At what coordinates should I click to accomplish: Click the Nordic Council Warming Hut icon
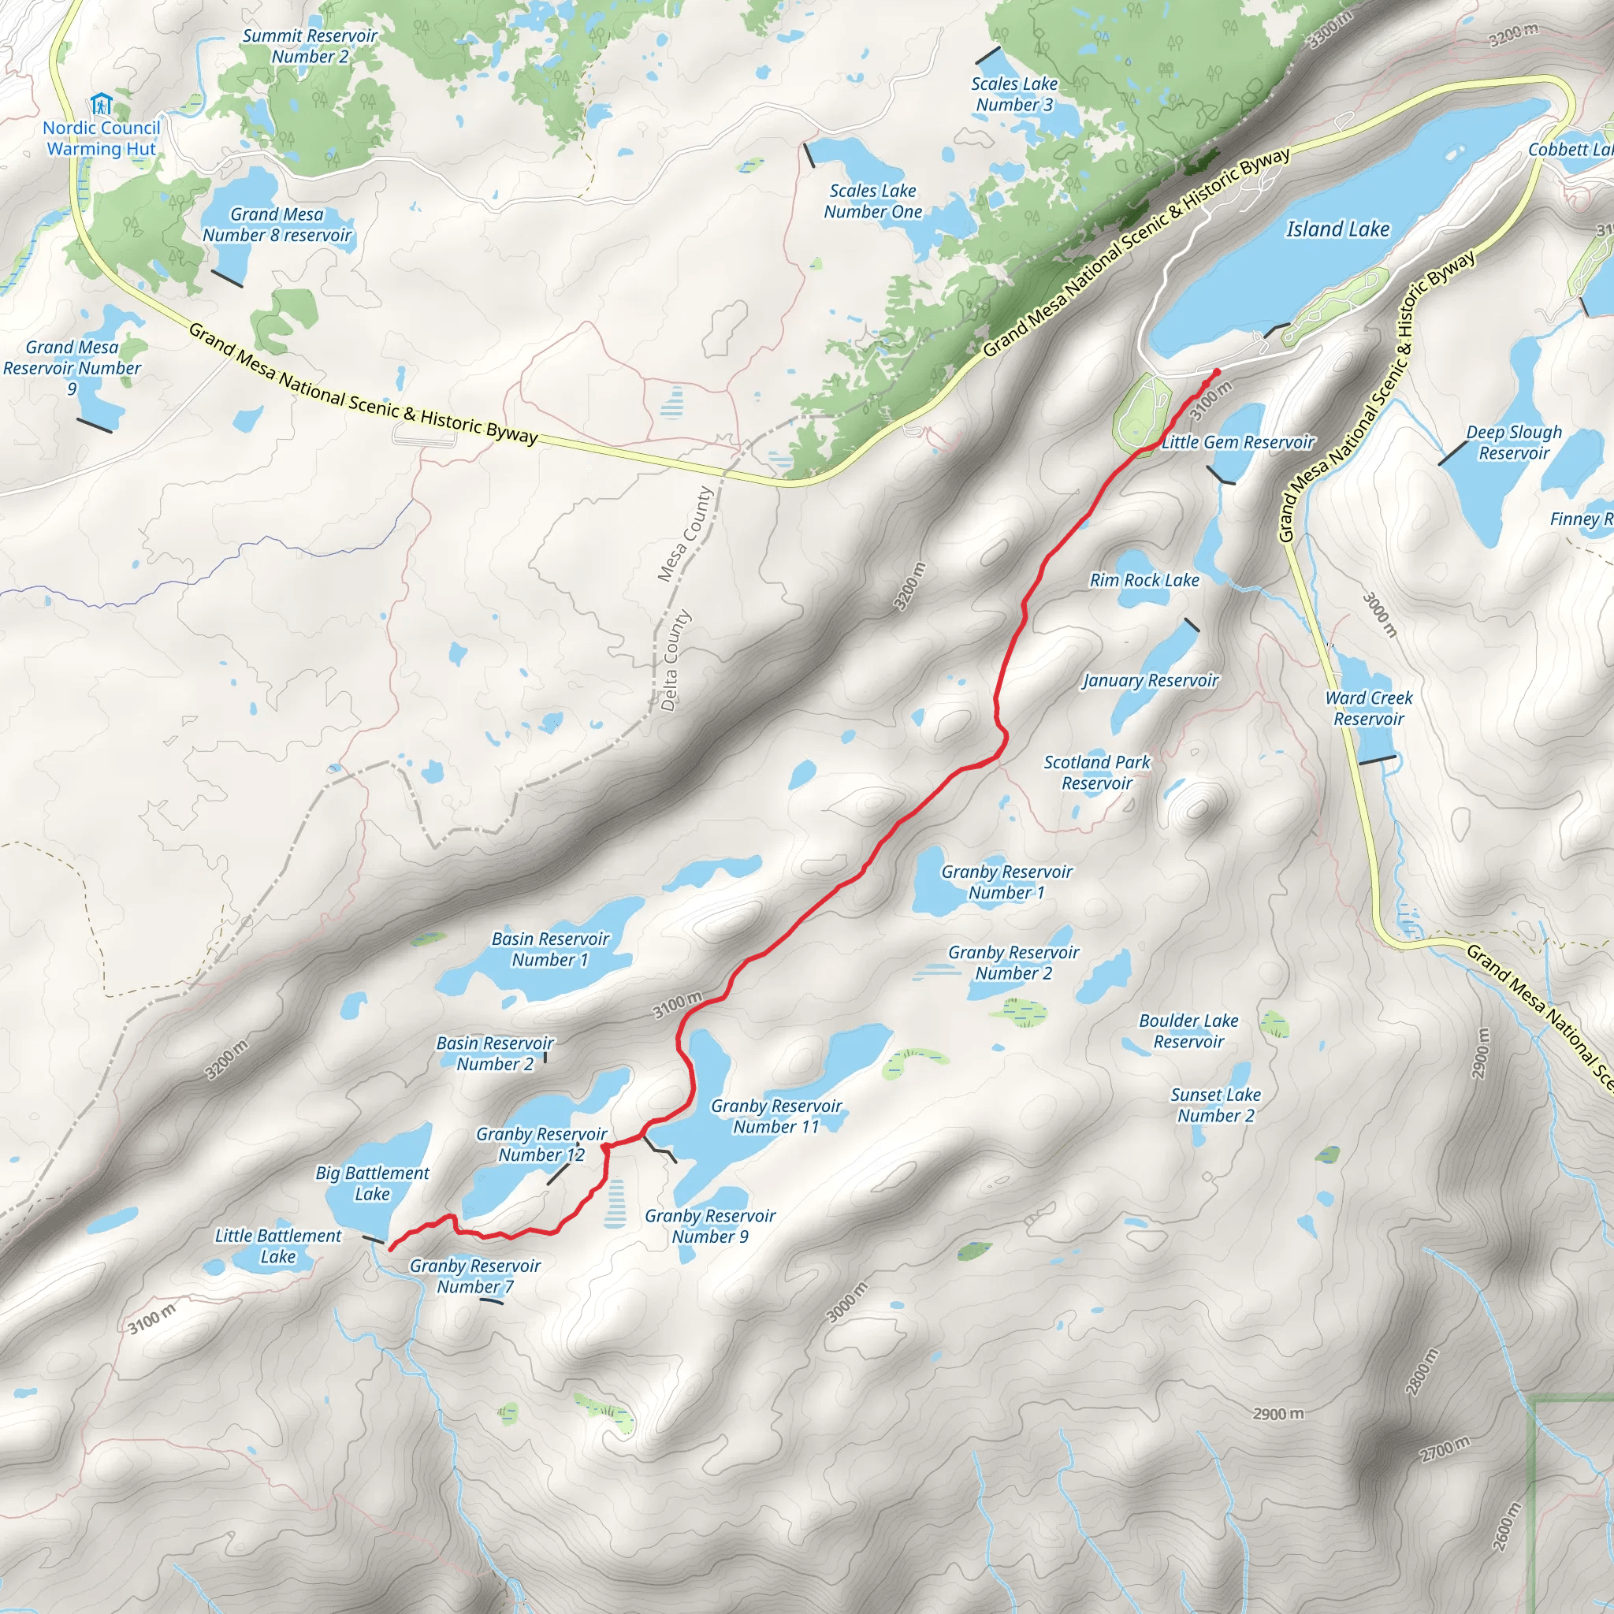click(101, 106)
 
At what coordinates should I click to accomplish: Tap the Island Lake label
click(1337, 229)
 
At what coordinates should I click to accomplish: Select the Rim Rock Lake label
click(1144, 580)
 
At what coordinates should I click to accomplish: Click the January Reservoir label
click(1151, 680)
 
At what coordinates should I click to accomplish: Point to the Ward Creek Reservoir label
click(1368, 708)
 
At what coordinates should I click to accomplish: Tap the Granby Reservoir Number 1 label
click(1006, 881)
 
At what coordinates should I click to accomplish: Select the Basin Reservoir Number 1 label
click(550, 949)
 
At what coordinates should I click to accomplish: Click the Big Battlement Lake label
click(372, 1183)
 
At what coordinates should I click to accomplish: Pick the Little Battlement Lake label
click(277, 1246)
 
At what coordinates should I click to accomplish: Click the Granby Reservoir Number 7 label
click(474, 1276)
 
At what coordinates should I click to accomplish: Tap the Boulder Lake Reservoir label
click(1188, 1031)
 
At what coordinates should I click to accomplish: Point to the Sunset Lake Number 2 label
click(1214, 1104)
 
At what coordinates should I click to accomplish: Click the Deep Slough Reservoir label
click(1514, 442)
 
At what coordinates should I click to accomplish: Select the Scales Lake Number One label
click(872, 201)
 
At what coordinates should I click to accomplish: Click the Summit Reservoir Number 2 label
click(309, 46)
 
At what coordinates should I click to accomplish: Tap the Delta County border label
click(675, 660)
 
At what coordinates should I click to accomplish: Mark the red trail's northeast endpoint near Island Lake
click(1216, 372)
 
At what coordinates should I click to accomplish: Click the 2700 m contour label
click(1445, 1449)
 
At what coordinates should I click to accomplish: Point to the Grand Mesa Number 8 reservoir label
click(277, 225)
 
